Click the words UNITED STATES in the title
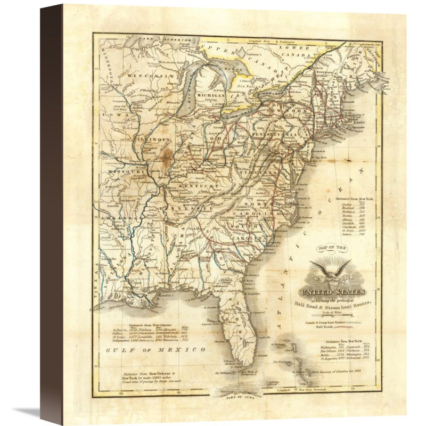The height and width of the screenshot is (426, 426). [332, 292]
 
